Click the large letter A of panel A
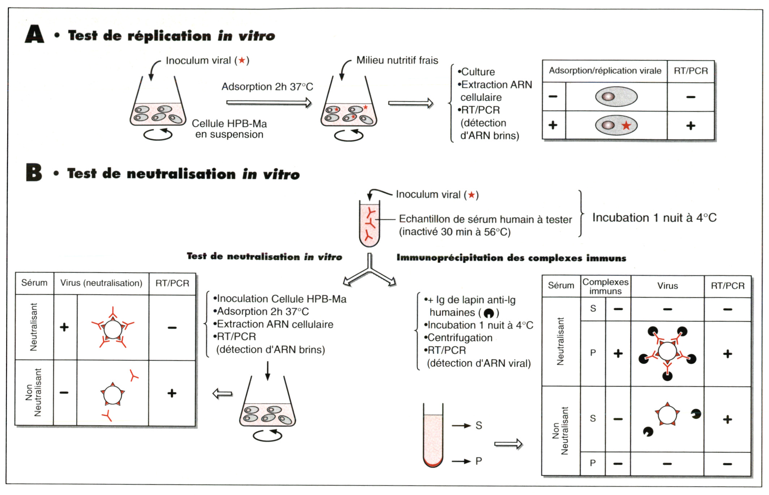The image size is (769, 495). pyautogui.click(x=35, y=34)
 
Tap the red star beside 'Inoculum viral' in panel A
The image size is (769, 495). pyautogui.click(x=242, y=60)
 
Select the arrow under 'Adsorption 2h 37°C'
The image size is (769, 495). pyautogui.click(x=269, y=103)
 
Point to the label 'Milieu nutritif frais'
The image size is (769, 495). pyautogui.click(x=397, y=60)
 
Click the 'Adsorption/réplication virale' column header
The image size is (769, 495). pyautogui.click(x=605, y=71)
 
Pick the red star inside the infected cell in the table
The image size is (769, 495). pyautogui.click(x=626, y=126)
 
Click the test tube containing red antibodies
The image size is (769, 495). pyautogui.click(x=369, y=224)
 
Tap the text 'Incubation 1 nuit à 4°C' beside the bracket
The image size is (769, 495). pyautogui.click(x=654, y=218)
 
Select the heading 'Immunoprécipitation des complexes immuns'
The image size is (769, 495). pyautogui.click(x=511, y=258)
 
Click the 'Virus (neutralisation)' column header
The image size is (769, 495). pyautogui.click(x=101, y=283)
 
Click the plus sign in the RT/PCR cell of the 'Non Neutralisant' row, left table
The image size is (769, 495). pyautogui.click(x=172, y=393)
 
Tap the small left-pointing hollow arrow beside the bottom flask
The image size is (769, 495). pyautogui.click(x=222, y=393)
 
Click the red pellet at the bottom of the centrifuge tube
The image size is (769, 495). pyautogui.click(x=433, y=463)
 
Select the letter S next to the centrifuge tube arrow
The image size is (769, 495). pyautogui.click(x=479, y=426)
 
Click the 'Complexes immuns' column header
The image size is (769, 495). pyautogui.click(x=605, y=287)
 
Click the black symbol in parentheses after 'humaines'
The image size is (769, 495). pyautogui.click(x=488, y=313)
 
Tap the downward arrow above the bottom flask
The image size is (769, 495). pyautogui.click(x=268, y=371)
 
